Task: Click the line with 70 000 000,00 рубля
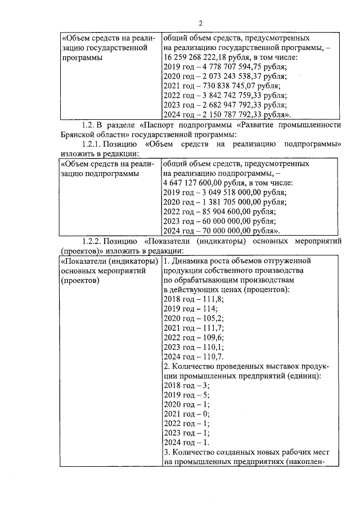coord(223,231)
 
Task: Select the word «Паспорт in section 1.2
coord(160,125)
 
